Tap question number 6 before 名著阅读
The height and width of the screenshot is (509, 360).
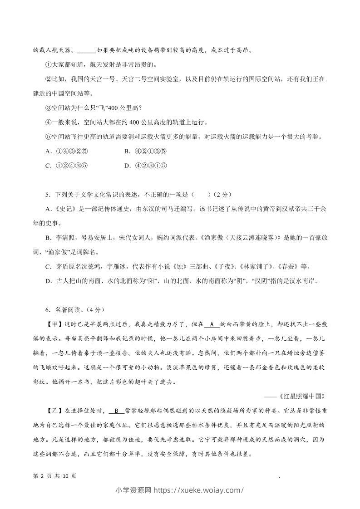click(48, 310)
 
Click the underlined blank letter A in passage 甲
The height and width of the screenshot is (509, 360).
click(212, 324)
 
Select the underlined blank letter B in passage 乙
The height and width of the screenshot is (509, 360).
click(116, 411)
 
